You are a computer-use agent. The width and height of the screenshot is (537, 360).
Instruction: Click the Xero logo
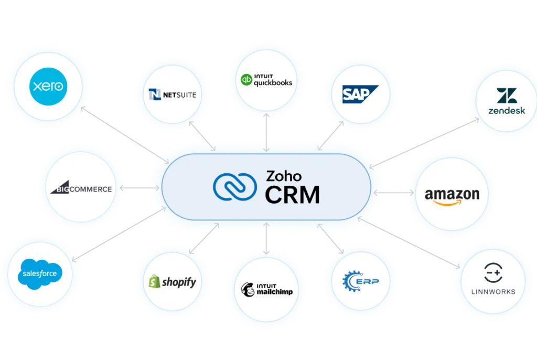tap(47, 86)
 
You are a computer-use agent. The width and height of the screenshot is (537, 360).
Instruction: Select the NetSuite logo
tap(173, 95)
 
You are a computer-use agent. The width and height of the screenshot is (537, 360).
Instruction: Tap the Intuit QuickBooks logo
tap(266, 80)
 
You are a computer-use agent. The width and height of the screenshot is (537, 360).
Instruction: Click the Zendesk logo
tap(506, 101)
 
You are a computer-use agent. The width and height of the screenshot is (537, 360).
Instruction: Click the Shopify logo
tap(172, 282)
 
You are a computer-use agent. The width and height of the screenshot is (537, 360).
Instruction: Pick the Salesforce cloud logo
tap(39, 274)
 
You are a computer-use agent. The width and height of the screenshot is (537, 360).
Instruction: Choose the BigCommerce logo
tap(81, 188)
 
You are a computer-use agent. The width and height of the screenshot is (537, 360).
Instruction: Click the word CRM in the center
tap(292, 195)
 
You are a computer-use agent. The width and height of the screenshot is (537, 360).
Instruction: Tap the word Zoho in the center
tap(284, 175)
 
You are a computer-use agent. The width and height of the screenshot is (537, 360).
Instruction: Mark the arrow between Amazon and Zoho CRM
tap(390, 194)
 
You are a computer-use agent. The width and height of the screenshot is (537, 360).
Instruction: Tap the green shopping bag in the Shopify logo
tap(154, 282)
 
